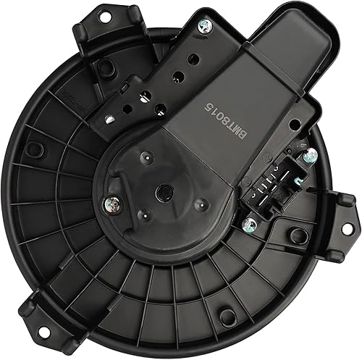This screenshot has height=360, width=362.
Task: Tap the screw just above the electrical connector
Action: (309, 155)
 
